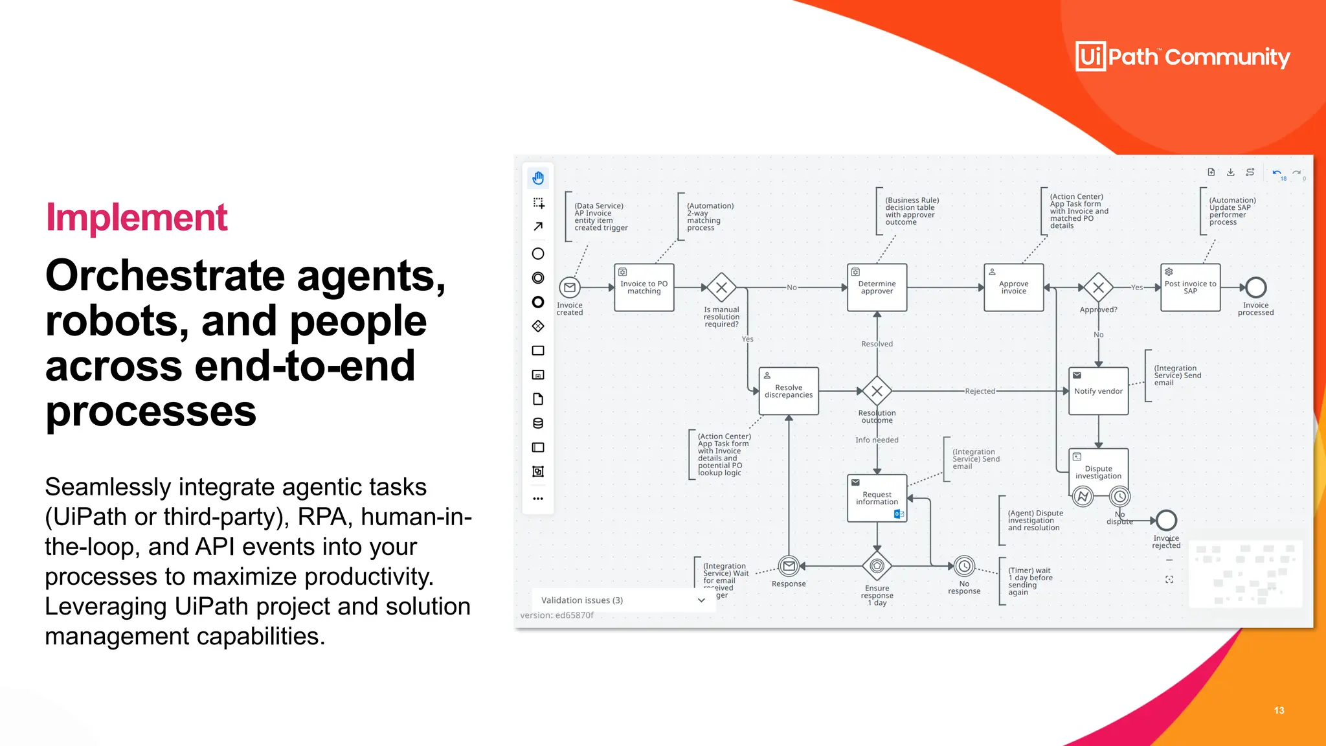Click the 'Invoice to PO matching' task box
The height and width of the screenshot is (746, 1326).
click(644, 288)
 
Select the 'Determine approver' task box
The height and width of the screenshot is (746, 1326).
click(877, 288)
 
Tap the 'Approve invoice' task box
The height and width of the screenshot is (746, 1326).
click(1013, 288)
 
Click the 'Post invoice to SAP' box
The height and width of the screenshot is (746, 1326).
click(1190, 288)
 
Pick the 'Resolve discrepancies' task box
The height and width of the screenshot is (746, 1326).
click(788, 391)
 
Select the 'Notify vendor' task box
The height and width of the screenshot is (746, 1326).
click(1098, 391)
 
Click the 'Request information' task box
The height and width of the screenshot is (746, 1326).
click(877, 498)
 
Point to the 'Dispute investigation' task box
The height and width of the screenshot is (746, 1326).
click(1098, 469)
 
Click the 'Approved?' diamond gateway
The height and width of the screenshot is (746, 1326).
click(1098, 288)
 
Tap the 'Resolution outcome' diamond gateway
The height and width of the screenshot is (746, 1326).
click(877, 391)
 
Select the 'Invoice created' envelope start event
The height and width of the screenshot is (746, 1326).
click(570, 288)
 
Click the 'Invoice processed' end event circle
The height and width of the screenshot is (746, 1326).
click(1255, 288)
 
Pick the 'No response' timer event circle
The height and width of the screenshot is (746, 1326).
click(964, 567)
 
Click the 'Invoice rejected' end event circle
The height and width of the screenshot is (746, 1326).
click(1166, 520)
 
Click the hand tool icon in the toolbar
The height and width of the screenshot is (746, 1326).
click(538, 178)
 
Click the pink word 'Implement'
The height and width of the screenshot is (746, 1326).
click(137, 218)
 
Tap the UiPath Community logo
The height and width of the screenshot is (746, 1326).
click(1182, 57)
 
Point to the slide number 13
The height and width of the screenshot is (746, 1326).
click(1279, 710)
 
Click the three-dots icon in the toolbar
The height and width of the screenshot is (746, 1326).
click(538, 499)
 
